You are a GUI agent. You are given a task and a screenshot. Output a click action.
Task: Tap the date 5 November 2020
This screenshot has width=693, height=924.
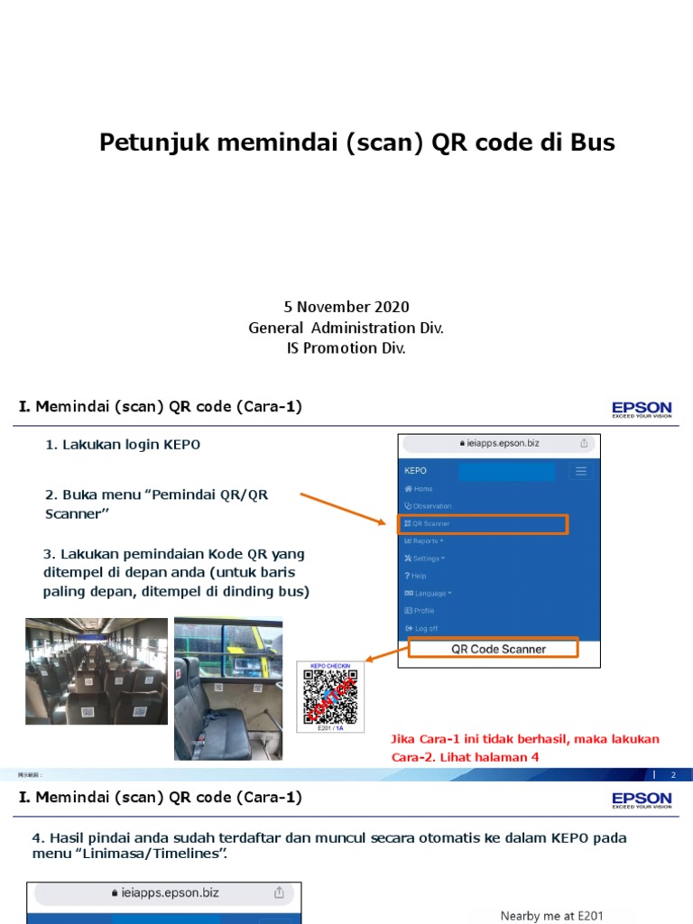[346, 308]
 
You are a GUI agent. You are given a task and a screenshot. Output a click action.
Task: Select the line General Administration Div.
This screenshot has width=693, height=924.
[346, 328]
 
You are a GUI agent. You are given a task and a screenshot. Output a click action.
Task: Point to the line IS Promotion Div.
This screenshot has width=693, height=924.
[346, 347]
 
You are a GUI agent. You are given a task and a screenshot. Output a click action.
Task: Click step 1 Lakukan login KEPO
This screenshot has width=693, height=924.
[123, 445]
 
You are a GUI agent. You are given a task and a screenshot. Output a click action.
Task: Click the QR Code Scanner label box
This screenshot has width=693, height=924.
[498, 649]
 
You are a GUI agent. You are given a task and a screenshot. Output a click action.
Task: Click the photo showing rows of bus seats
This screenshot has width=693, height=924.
[97, 670]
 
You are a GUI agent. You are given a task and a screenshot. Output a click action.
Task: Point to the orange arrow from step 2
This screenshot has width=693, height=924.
[344, 508]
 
